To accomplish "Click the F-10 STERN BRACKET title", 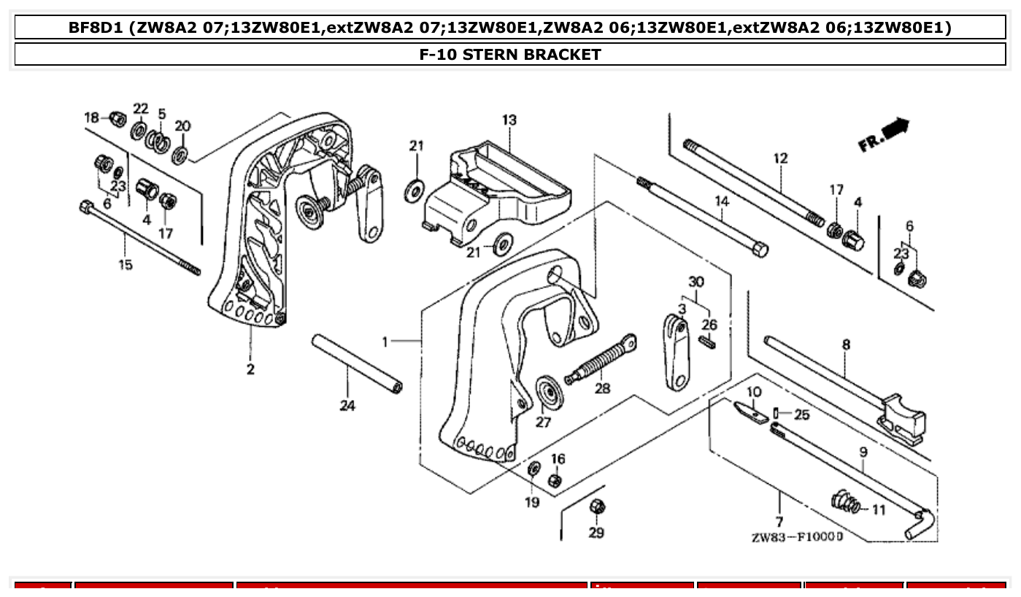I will [510, 55].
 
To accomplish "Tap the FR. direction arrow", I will [885, 135].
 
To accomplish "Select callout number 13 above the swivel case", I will [509, 120].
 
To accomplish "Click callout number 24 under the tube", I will [347, 405].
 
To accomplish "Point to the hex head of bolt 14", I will [759, 250].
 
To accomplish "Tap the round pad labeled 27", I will [547, 394].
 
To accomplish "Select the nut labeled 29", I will [596, 506].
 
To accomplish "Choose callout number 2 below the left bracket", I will [250, 369].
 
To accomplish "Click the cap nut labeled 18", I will [116, 118].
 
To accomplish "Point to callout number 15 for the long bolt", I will [126, 264].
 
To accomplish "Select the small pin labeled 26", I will [707, 342].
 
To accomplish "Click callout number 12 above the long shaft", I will [780, 158].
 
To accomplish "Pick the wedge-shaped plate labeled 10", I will [750, 412].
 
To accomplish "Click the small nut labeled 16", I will [555, 480].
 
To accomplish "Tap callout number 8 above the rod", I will [846, 344].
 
